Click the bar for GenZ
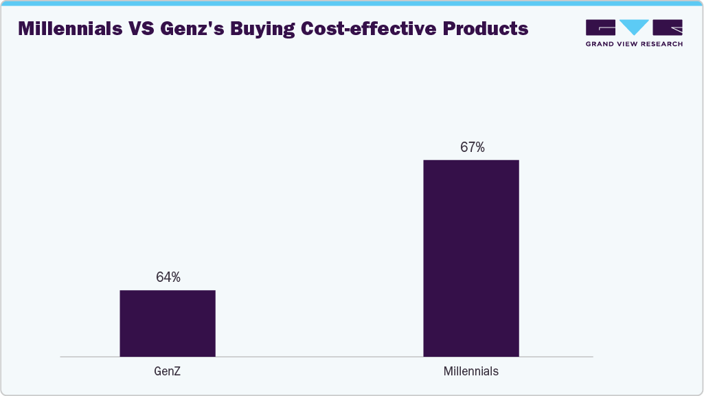point(168,323)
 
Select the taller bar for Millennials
point(470,258)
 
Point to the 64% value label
point(168,277)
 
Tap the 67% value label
point(472,147)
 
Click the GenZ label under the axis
point(168,371)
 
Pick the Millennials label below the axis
point(471,371)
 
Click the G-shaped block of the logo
point(600,27)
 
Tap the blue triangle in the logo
point(634,27)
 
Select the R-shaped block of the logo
point(668,27)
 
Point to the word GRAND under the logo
point(601,44)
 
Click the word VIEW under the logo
point(631,44)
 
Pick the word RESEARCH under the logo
point(664,44)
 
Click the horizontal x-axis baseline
point(326,357)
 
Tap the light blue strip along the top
point(352,3)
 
